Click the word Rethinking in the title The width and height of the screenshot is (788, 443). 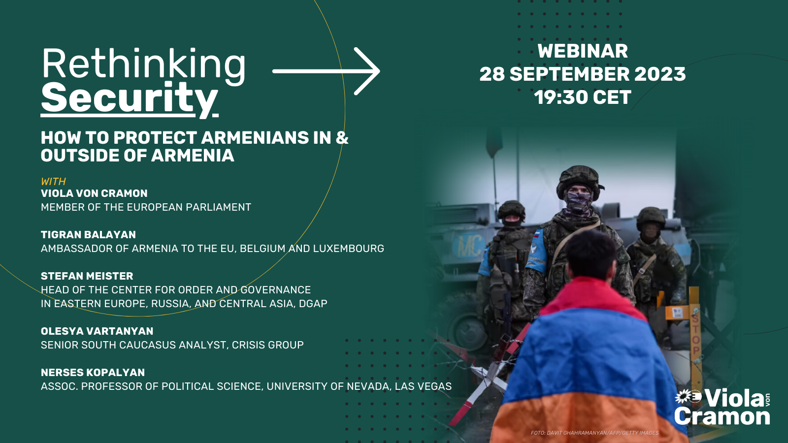tap(143, 66)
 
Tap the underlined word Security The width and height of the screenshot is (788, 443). tap(129, 99)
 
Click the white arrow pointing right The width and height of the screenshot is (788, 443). tap(326, 71)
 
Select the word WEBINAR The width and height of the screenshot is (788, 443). tap(583, 51)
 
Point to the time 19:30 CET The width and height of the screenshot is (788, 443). tap(583, 97)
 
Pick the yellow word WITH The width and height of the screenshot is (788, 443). tap(54, 182)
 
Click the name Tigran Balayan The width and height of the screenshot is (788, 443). tap(88, 234)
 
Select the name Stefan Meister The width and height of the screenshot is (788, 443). tap(87, 276)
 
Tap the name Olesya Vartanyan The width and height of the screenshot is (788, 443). tap(97, 331)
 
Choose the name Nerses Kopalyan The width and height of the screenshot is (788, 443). tap(93, 372)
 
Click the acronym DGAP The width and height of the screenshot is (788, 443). tap(313, 303)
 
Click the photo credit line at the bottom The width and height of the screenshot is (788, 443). tap(594, 433)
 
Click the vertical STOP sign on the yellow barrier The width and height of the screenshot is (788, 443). tap(695, 335)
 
